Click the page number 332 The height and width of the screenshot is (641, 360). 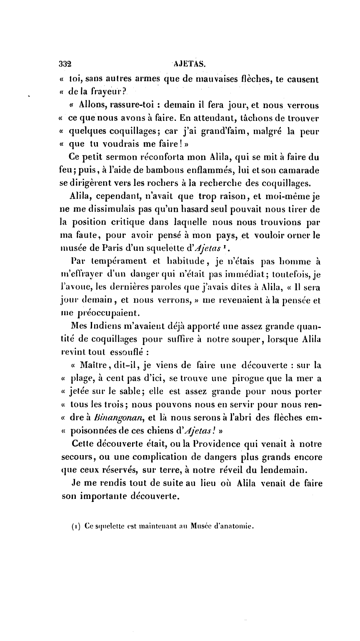65,65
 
